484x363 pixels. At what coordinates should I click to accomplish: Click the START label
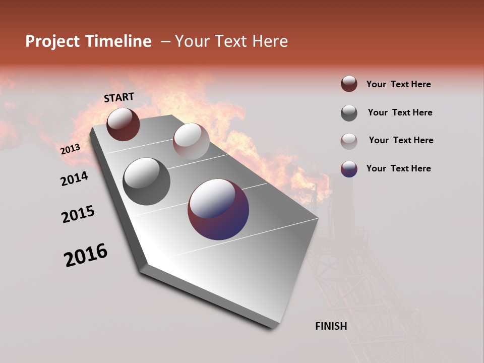[119, 97]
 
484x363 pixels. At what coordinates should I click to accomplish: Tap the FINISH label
[331, 326]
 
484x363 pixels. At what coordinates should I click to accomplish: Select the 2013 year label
[70, 149]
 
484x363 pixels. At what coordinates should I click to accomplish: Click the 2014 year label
[74, 178]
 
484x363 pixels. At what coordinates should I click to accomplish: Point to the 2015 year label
[78, 214]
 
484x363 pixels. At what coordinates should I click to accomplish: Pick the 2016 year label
[86, 255]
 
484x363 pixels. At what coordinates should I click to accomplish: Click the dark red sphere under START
[123, 124]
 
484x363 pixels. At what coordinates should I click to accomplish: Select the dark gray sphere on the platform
[146, 181]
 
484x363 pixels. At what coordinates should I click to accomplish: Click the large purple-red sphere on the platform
[218, 209]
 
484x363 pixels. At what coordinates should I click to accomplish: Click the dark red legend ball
[349, 84]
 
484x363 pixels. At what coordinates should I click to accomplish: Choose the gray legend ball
[349, 113]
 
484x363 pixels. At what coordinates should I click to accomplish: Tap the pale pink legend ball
[349, 141]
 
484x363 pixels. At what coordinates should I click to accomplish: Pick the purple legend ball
[349, 169]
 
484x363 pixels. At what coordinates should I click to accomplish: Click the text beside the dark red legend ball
[398, 84]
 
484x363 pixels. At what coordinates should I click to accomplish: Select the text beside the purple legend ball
[398, 168]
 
